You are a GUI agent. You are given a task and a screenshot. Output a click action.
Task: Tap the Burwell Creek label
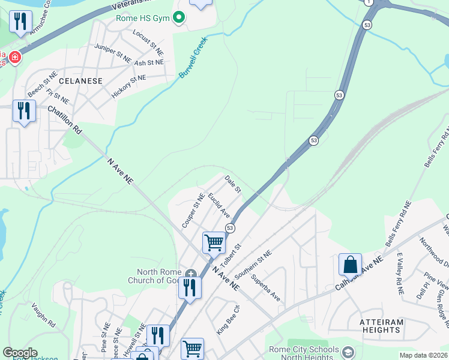pyautogui.click(x=193, y=58)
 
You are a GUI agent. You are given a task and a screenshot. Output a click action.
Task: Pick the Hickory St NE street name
pyautogui.click(x=128, y=86)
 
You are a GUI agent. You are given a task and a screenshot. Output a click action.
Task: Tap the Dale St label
pyautogui.click(x=233, y=184)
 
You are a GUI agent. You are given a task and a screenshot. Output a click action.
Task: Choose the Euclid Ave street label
pyautogui.click(x=219, y=205)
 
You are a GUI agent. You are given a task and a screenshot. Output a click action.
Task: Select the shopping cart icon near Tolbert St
pyautogui.click(x=214, y=243)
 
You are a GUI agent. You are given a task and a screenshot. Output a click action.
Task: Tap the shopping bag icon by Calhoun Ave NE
pyautogui.click(x=350, y=264)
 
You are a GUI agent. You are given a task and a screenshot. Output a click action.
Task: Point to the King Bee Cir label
pyautogui.click(x=228, y=319)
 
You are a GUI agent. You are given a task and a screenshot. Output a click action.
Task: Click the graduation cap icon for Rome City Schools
pyautogui.click(x=347, y=350)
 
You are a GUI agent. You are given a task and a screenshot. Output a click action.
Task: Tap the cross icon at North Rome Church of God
pyautogui.click(x=190, y=274)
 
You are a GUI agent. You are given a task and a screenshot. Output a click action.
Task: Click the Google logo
pyautogui.click(x=20, y=353)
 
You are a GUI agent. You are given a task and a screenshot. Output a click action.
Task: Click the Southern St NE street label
pyautogui.click(x=253, y=265)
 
